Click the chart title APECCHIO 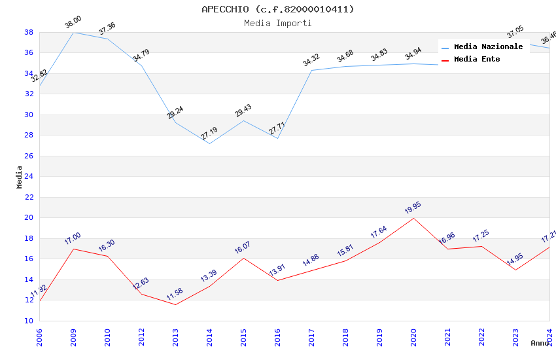pyautogui.click(x=277, y=9)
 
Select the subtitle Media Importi pyautogui.click(x=277, y=24)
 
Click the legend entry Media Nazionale pyautogui.click(x=488, y=47)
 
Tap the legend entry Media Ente pyautogui.click(x=477, y=60)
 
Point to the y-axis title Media pyautogui.click(x=20, y=177)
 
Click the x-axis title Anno pyautogui.click(x=540, y=343)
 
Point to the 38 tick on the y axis pyautogui.click(x=29, y=32)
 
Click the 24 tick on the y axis pyautogui.click(x=29, y=177)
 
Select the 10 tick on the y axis pyautogui.click(x=29, y=321)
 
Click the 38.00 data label pyautogui.click(x=73, y=23)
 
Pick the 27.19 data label pyautogui.click(x=209, y=134)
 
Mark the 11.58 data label pyautogui.click(x=175, y=295)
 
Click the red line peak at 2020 pyautogui.click(x=413, y=218)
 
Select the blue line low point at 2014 pyautogui.click(x=209, y=143)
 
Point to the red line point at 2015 pyautogui.click(x=243, y=258)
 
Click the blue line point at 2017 pyautogui.click(x=311, y=70)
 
